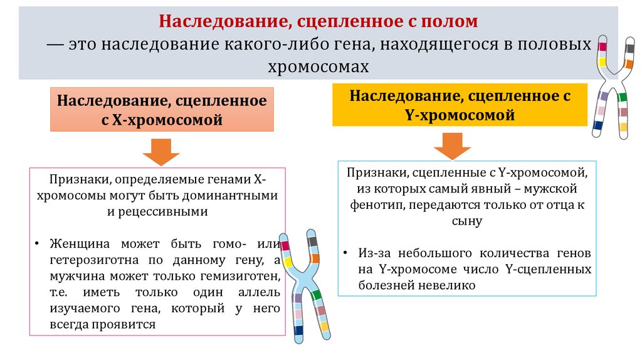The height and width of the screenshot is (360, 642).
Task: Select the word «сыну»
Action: [464, 221]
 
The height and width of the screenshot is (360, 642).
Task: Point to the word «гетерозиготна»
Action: [82, 260]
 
